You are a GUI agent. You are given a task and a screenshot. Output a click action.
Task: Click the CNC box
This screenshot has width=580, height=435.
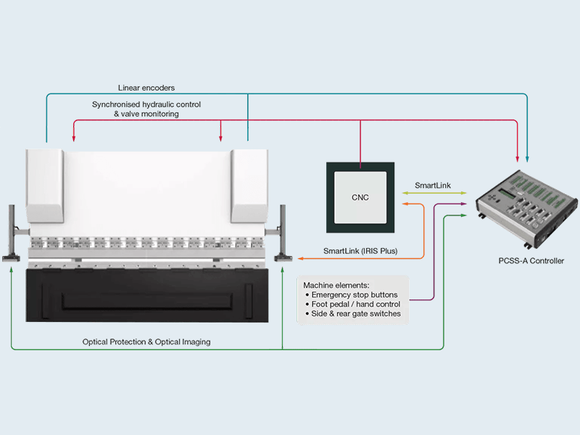pos(360,196)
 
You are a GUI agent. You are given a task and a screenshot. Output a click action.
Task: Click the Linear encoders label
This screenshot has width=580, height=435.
pos(146,88)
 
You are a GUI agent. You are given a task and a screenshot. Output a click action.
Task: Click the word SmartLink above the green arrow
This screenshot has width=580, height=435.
pos(433,186)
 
